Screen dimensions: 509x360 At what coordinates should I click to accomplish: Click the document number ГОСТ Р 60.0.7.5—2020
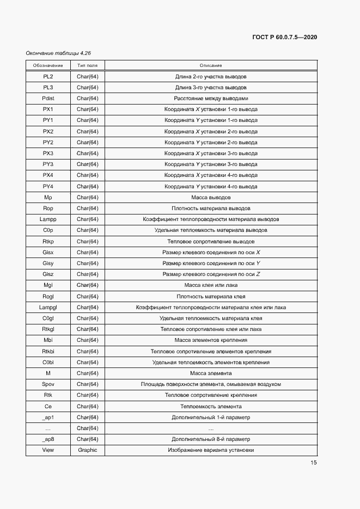coord(285,37)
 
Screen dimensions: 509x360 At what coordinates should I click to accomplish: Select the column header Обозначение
coord(48,65)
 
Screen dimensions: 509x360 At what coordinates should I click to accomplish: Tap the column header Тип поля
coord(87,65)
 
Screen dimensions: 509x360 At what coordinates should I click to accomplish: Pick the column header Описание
coord(211,65)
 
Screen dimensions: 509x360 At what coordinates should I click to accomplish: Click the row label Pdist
coord(48,99)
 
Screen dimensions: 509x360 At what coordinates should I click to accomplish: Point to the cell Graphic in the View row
coord(87,450)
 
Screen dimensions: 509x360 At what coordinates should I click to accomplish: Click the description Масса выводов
coord(211,197)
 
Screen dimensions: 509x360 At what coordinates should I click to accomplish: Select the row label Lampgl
coord(48,307)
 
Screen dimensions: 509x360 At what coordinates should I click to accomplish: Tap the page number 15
coord(313,463)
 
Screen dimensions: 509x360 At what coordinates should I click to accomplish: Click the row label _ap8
coord(48,439)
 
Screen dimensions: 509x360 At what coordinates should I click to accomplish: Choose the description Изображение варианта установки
coord(211,450)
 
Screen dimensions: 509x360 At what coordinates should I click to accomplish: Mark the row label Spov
coord(48,384)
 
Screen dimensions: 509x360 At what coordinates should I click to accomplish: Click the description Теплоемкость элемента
coord(211,406)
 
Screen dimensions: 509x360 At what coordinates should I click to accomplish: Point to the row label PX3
coord(48,154)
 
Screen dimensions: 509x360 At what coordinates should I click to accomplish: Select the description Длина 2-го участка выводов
coord(211,76)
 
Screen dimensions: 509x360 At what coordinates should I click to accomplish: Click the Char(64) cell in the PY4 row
coord(87,186)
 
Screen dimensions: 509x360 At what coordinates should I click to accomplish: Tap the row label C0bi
coord(48,362)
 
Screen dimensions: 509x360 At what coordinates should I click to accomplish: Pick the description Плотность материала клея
coord(211,296)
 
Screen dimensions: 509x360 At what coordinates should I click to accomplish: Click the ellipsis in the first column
coord(48,428)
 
